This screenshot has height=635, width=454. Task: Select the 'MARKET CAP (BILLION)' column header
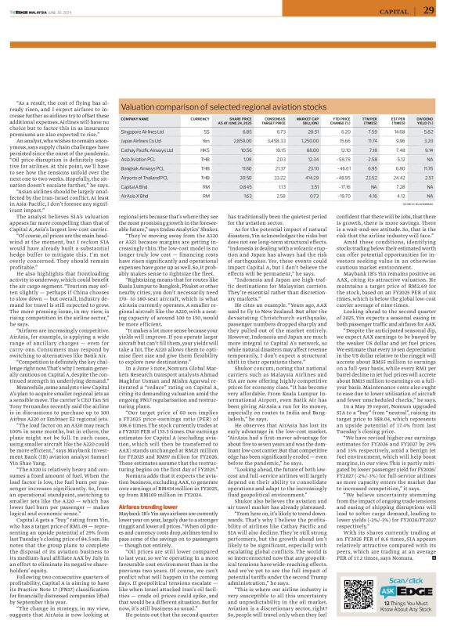(312, 121)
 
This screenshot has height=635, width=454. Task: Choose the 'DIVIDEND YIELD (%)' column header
(423, 121)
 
